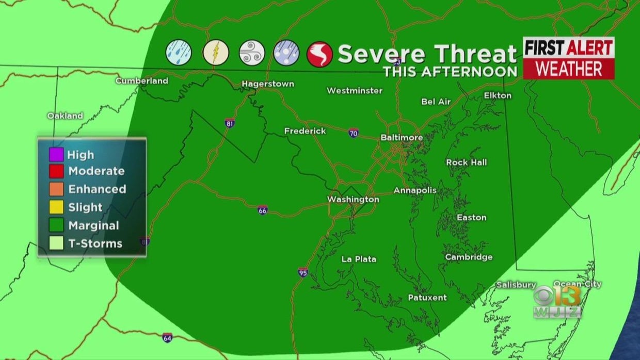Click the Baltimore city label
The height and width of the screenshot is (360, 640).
click(x=402, y=137)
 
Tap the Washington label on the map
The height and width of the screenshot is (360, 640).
click(x=353, y=199)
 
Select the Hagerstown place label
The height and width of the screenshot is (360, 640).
click(x=268, y=84)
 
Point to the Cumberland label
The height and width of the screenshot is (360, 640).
click(x=141, y=80)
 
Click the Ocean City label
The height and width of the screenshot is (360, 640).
click(x=577, y=284)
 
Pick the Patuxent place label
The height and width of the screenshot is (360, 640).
click(x=427, y=297)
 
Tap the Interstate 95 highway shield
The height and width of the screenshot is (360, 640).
click(x=303, y=272)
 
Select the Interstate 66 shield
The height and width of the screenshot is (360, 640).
click(x=263, y=210)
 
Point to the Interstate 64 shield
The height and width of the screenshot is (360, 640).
click(x=167, y=338)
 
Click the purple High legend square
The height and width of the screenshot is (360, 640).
click(x=57, y=154)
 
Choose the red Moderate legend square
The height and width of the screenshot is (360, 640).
click(x=57, y=171)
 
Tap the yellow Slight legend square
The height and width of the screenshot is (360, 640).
click(x=57, y=207)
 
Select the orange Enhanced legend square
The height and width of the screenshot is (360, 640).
click(x=57, y=189)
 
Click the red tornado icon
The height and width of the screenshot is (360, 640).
click(x=319, y=54)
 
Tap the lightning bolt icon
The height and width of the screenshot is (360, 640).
click(x=216, y=53)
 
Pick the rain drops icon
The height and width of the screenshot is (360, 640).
click(x=179, y=53)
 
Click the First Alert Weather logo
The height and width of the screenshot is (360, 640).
click(x=568, y=58)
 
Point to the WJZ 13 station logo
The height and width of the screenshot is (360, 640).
click(x=557, y=301)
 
